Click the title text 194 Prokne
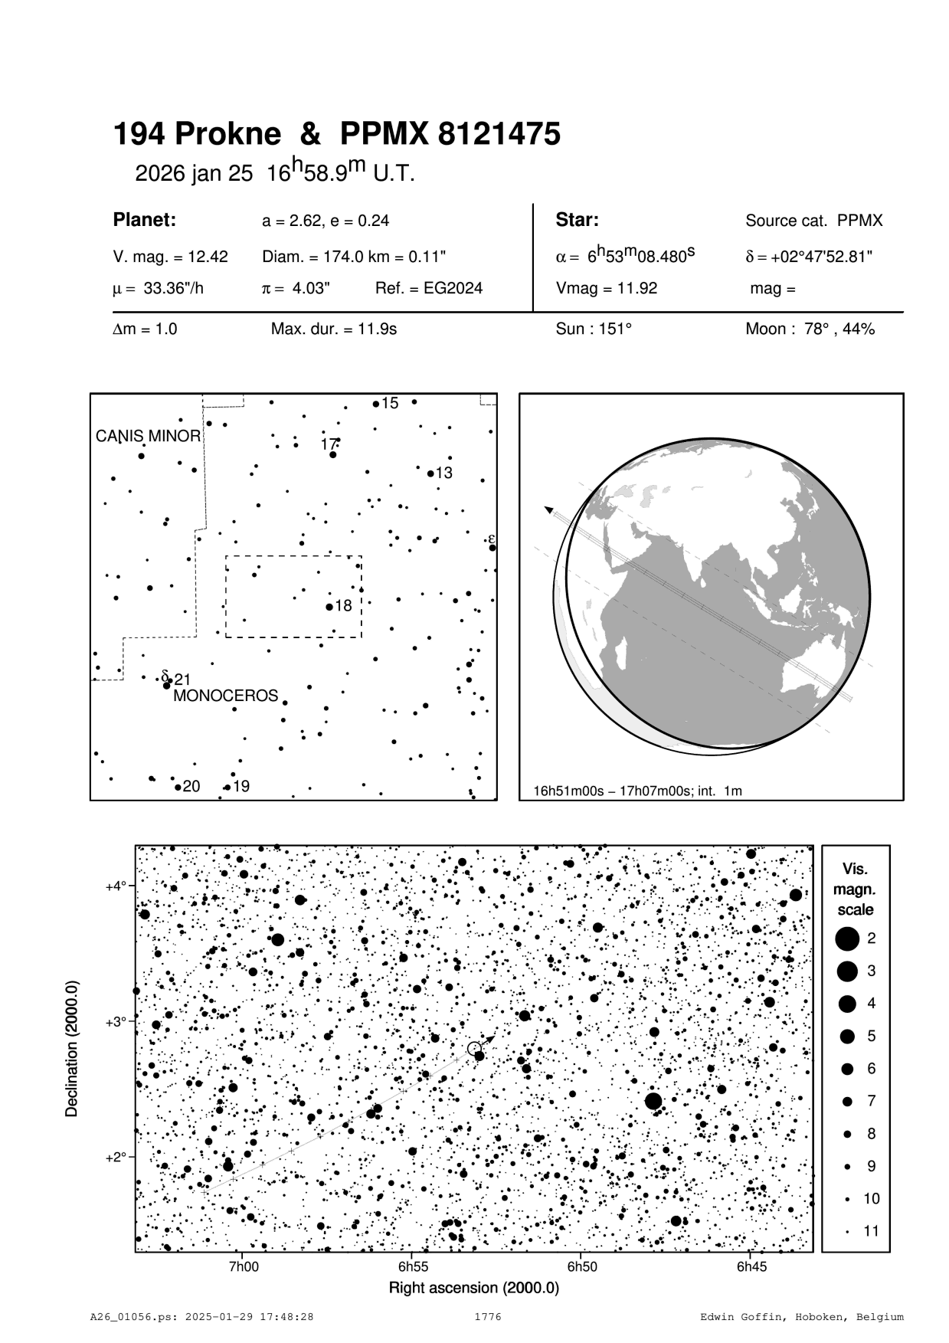197,135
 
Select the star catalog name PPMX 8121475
450,135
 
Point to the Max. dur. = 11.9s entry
334,329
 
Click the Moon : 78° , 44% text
810,329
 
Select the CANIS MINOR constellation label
148,437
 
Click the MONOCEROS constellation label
225,696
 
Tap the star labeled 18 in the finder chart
329,607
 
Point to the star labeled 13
430,473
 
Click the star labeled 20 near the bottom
177,787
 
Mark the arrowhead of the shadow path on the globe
548,509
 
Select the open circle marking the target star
474,1048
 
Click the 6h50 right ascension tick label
582,1267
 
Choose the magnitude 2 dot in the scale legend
847,938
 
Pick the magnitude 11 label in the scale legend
872,1231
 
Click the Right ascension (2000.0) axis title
474,1288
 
